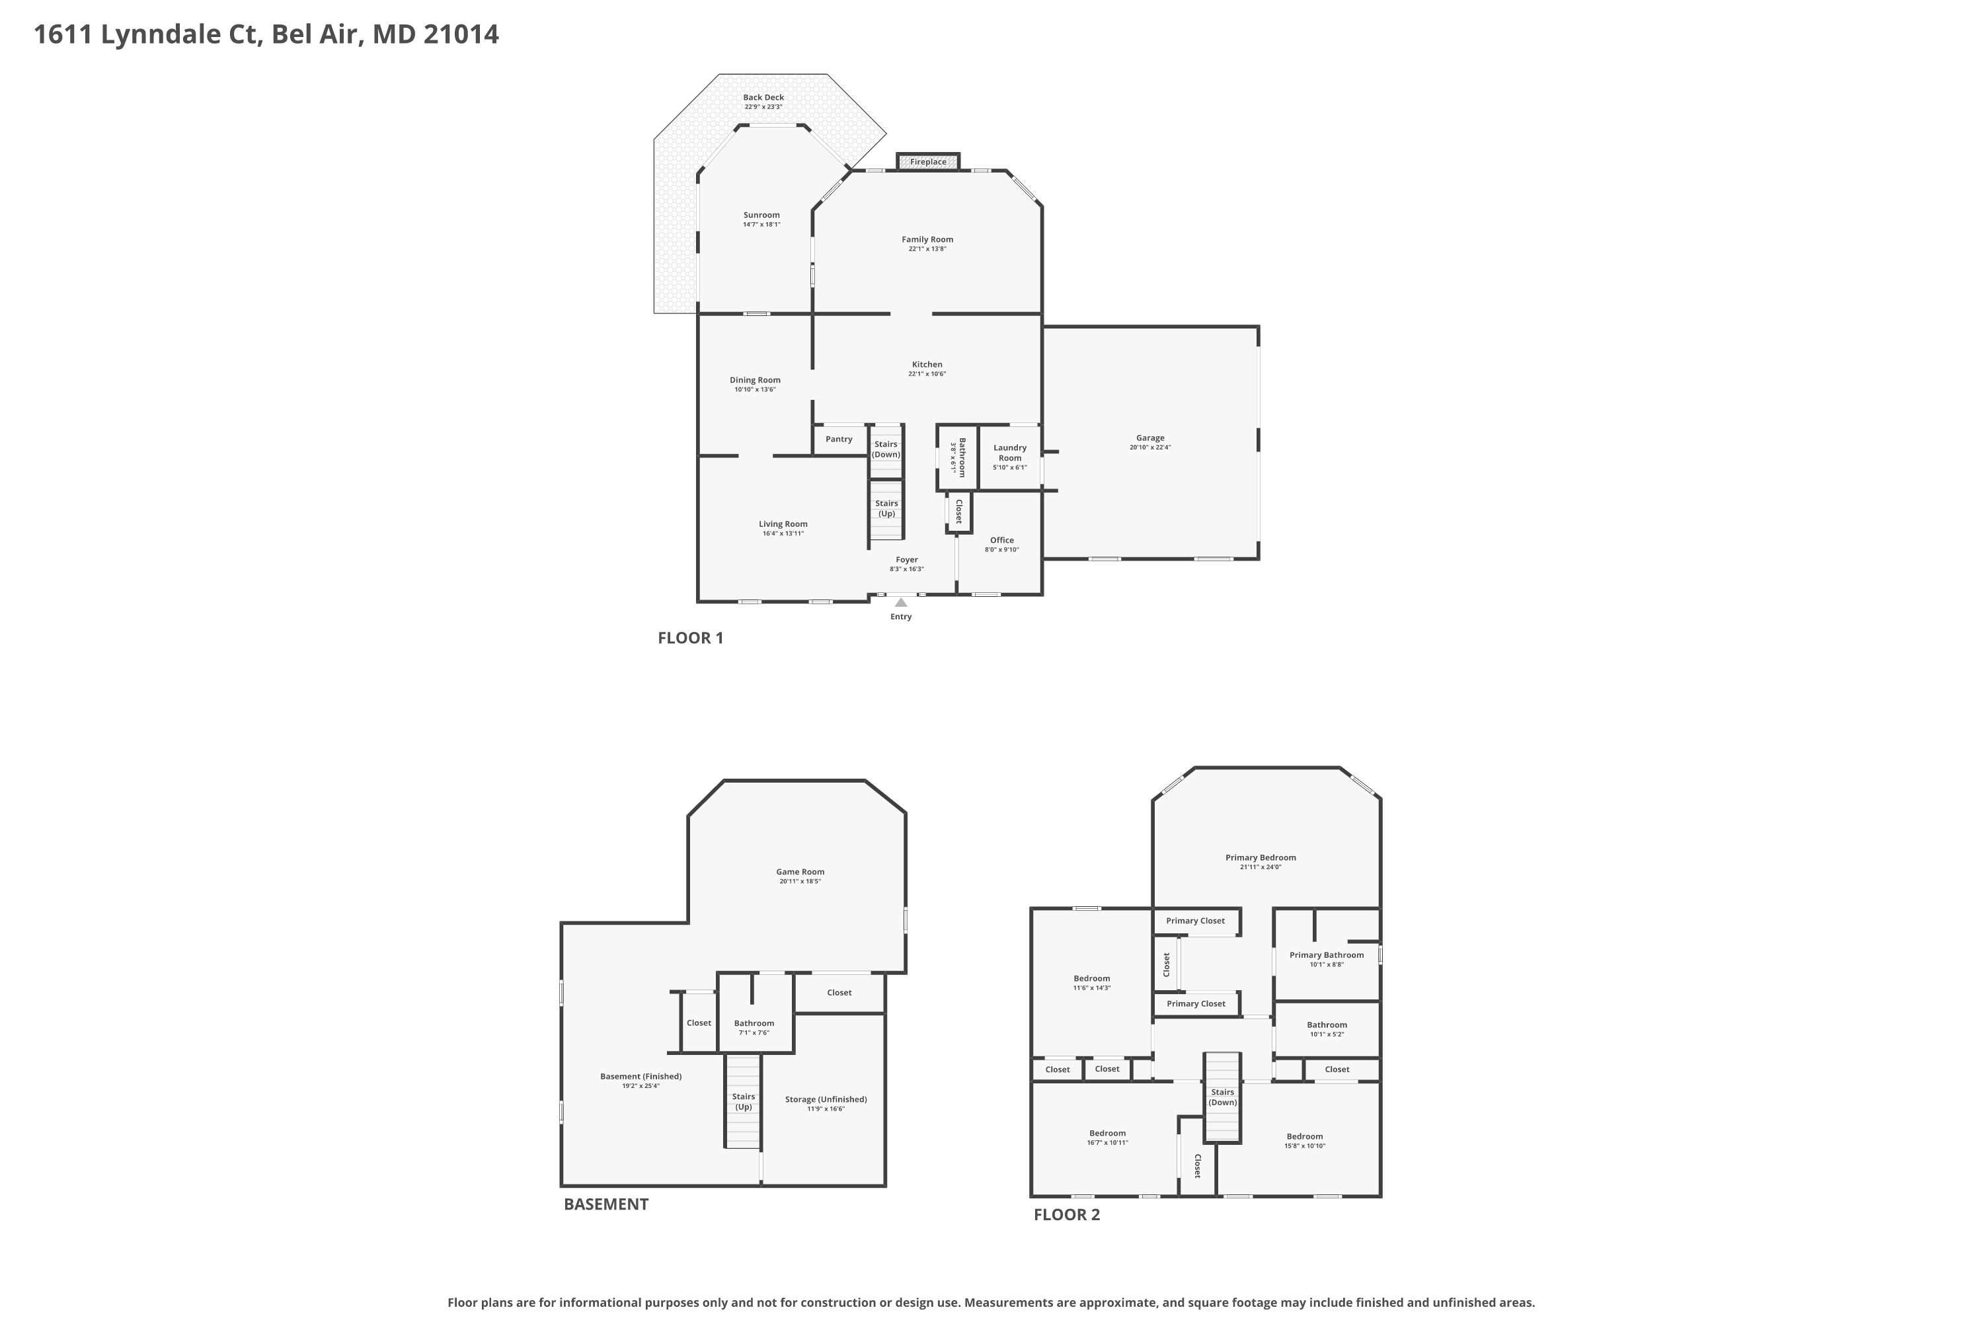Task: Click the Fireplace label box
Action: pos(927,162)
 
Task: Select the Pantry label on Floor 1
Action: pos(839,440)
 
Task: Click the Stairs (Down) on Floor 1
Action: pos(886,449)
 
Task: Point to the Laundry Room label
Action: pos(1010,453)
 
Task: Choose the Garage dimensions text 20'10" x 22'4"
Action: pos(1150,447)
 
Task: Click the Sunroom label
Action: pos(761,215)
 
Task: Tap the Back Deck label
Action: pos(764,97)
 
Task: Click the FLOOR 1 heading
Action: pos(691,639)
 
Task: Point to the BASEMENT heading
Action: pos(606,1204)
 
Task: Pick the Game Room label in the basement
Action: pos(800,872)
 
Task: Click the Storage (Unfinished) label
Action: pos(826,1099)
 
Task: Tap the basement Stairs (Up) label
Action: pos(744,1102)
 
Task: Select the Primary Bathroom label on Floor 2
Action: pos(1326,955)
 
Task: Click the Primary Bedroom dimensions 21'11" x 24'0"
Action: pos(1261,867)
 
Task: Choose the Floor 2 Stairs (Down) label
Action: pos(1222,1097)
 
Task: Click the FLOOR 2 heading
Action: pos(1067,1215)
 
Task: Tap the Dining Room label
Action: pos(756,380)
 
